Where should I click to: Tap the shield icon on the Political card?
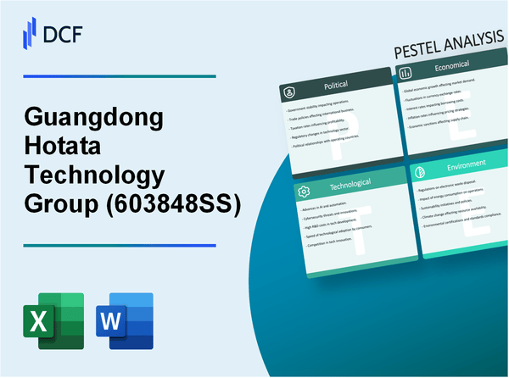(x=290, y=89)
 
